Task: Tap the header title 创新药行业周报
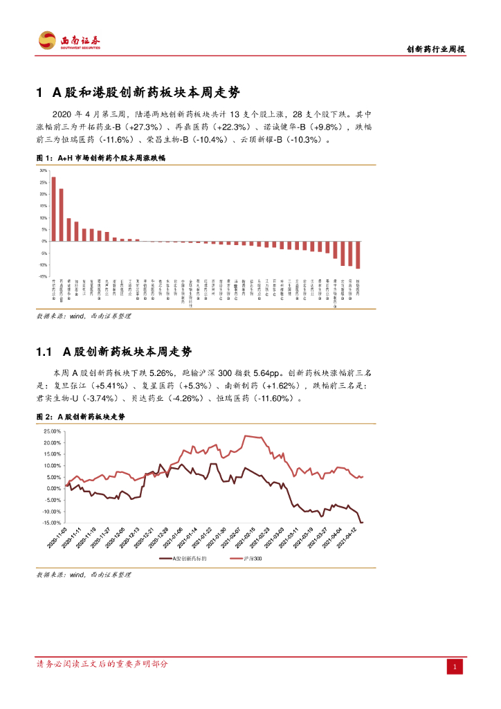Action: (435, 49)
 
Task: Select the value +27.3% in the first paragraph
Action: (145, 127)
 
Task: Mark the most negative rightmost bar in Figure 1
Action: (358, 255)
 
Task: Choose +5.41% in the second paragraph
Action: (109, 385)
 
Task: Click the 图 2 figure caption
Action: (80, 417)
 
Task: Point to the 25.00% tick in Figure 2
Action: (52, 431)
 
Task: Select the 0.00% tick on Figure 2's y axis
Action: (53, 488)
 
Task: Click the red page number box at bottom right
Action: (455, 666)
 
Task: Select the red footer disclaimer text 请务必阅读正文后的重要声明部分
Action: (102, 664)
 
